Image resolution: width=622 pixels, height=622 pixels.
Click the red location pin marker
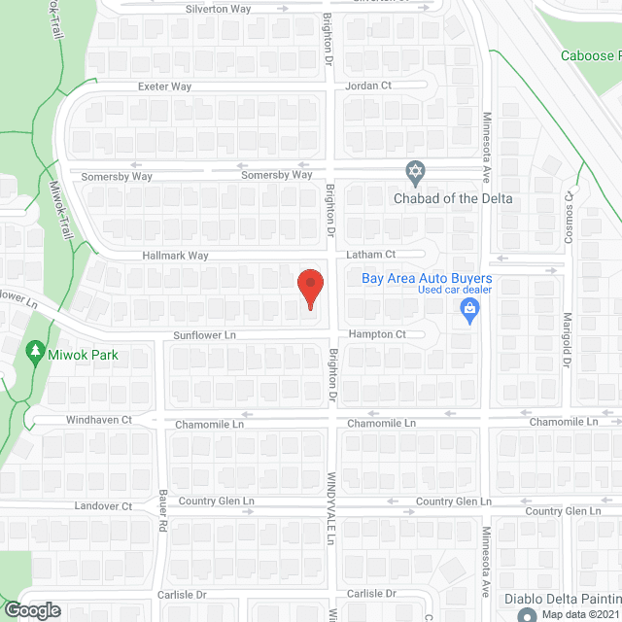(310, 289)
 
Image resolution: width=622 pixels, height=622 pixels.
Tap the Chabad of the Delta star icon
(416, 173)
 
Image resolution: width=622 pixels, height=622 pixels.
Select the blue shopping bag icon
(469, 311)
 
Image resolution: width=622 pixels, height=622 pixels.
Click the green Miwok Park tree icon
(35, 350)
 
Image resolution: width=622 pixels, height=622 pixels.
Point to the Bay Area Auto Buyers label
(427, 278)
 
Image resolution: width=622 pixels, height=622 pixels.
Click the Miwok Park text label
(85, 355)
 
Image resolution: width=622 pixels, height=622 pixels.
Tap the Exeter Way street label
(164, 86)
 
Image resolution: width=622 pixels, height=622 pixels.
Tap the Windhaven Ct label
(98, 420)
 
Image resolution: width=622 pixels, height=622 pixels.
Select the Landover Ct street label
(102, 506)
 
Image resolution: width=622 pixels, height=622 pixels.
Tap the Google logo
(32, 610)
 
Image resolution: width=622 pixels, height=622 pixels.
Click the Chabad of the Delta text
(452, 199)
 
